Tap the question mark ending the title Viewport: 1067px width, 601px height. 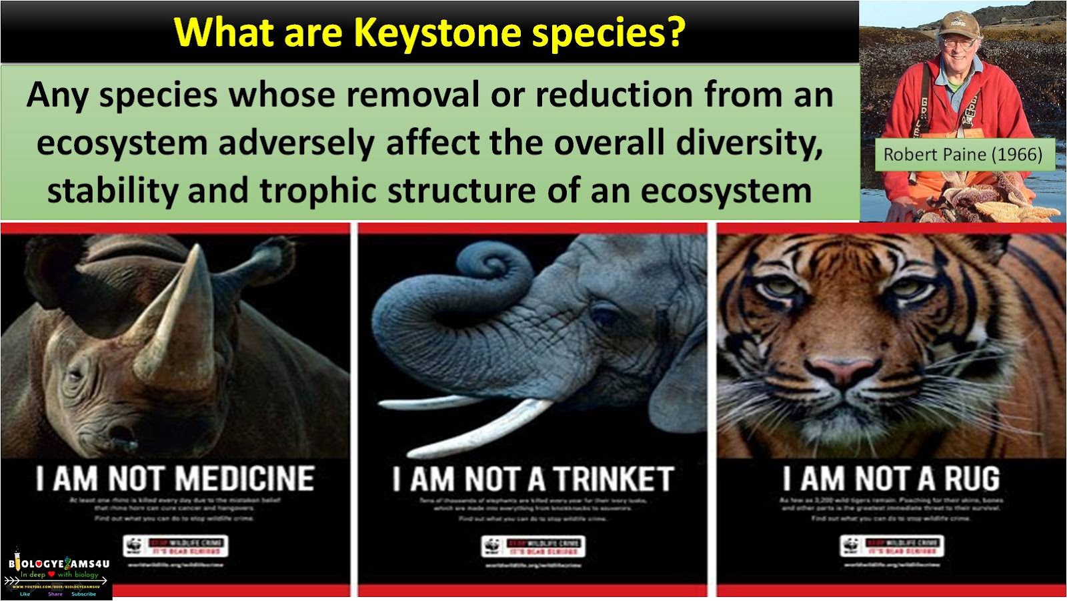[x=676, y=31]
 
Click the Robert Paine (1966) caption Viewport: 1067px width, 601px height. [x=962, y=155]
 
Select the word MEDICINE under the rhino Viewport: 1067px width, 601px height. [x=244, y=480]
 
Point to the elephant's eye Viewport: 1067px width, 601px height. [x=606, y=314]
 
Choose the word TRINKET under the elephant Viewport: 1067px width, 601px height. [x=614, y=480]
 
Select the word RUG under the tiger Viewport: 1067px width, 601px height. [x=972, y=480]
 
